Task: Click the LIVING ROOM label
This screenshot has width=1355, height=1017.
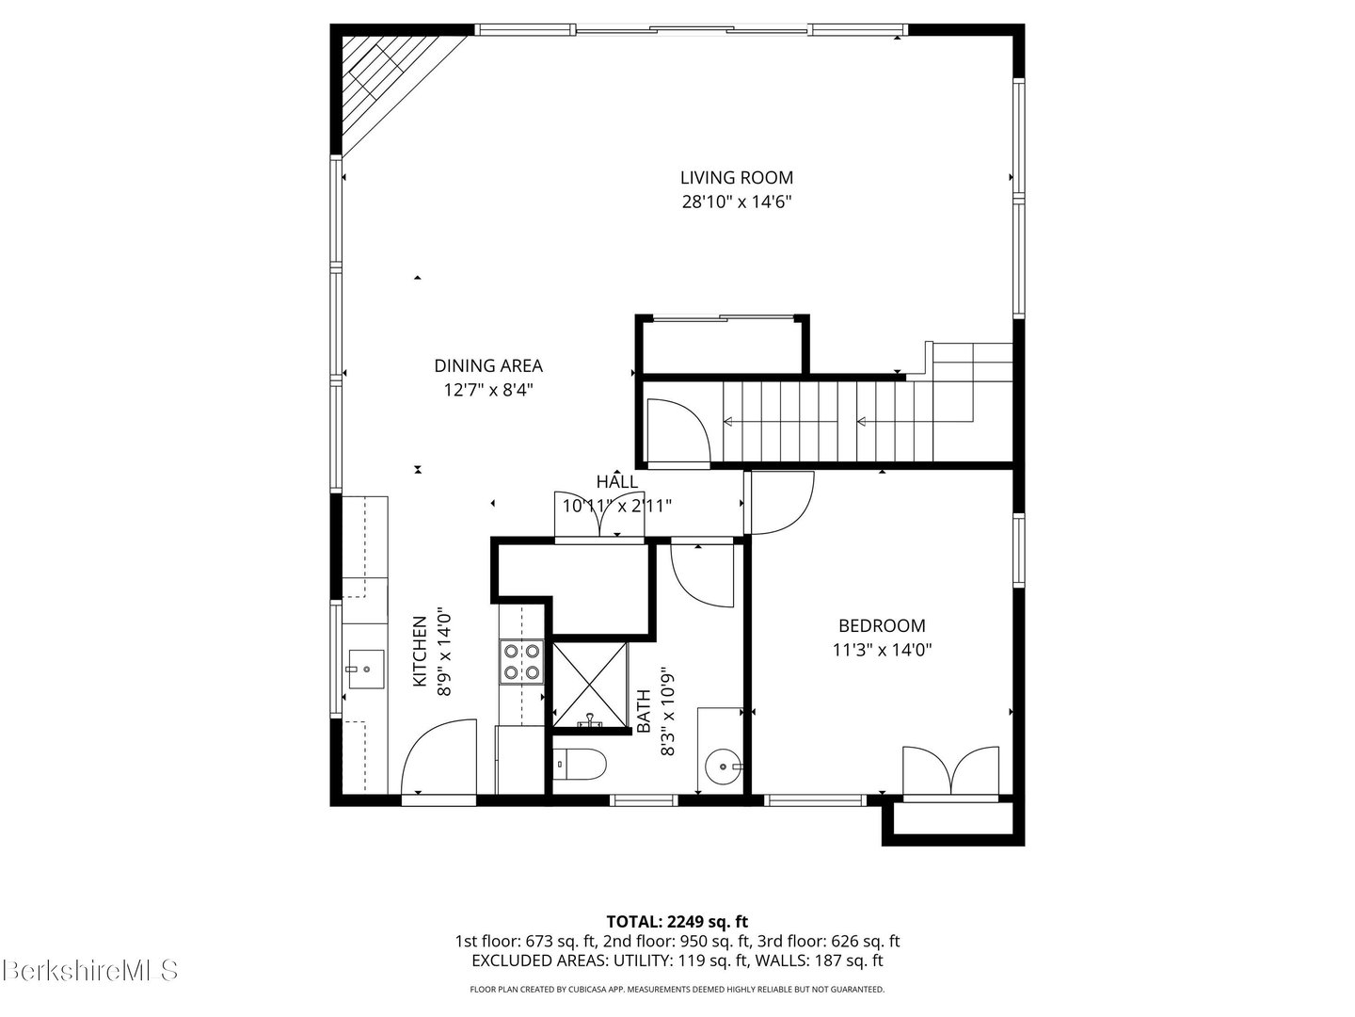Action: tap(737, 178)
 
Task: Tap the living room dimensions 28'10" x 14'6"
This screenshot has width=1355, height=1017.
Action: tap(737, 202)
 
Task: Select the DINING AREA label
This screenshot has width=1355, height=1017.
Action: tap(488, 365)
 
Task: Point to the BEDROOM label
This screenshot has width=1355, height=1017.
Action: tap(882, 625)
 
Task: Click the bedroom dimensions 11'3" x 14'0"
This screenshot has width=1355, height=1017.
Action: tap(882, 650)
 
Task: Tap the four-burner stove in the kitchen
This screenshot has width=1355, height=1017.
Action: tap(521, 662)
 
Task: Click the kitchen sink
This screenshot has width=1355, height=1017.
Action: tap(366, 669)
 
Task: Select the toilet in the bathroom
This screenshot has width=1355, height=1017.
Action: tap(580, 765)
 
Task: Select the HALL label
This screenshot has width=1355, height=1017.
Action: tap(616, 481)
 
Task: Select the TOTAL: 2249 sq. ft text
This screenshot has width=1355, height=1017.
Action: tap(677, 922)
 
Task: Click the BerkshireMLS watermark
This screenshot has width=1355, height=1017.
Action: tap(90, 970)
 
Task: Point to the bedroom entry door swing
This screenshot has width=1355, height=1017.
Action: tap(780, 503)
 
